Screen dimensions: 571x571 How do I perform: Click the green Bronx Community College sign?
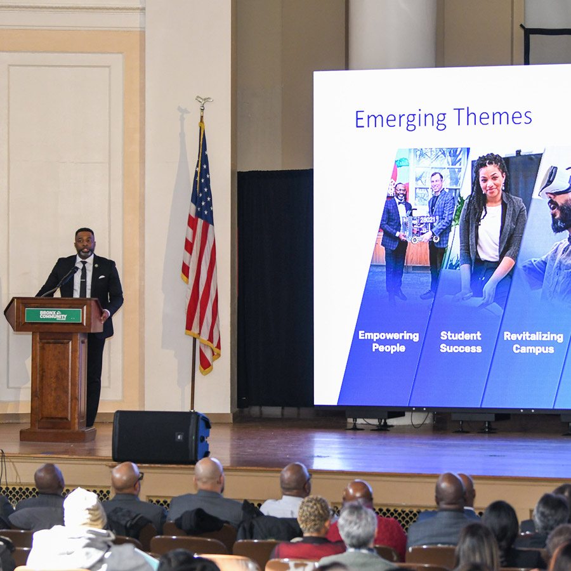(53, 315)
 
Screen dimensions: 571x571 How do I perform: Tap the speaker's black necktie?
(82, 279)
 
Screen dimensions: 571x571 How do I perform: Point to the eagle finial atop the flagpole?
(203, 102)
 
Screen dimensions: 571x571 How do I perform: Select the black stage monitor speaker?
(161, 436)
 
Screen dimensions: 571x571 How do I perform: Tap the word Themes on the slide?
(494, 117)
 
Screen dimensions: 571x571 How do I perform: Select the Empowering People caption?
(388, 341)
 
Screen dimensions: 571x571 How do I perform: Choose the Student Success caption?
(461, 341)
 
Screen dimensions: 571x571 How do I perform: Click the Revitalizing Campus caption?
(533, 341)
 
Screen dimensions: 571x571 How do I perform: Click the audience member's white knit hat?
(84, 508)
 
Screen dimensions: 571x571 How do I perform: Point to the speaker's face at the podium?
(85, 243)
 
